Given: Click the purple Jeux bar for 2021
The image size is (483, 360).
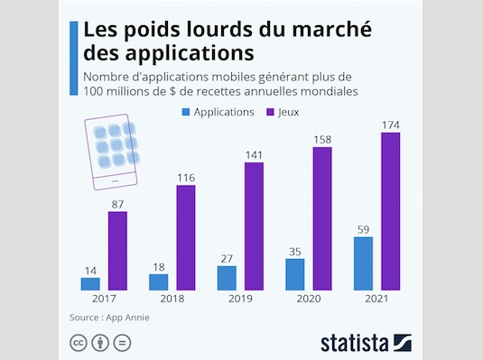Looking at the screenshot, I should click(x=390, y=211).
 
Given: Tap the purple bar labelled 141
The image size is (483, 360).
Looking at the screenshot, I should click(x=254, y=226).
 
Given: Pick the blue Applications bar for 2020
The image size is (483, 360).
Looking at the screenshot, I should click(x=294, y=274).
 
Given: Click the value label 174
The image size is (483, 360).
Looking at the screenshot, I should click(x=390, y=124).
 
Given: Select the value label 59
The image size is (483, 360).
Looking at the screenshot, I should click(x=362, y=228).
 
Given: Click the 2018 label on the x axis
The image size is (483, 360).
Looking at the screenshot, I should click(x=172, y=300).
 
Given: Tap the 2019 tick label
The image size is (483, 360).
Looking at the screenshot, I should click(x=240, y=300).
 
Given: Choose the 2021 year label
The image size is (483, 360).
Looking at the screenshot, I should click(x=376, y=300).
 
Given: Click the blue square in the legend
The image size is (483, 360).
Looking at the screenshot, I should click(x=188, y=113).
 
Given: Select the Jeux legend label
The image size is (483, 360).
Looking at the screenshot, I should click(x=287, y=113).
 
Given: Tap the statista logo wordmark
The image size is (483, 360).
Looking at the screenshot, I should click(x=356, y=342).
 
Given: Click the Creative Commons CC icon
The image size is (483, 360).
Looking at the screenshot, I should click(x=79, y=342).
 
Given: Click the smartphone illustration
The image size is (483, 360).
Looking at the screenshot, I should click(x=114, y=152).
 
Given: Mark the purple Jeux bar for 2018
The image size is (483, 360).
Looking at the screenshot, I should click(x=186, y=237).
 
